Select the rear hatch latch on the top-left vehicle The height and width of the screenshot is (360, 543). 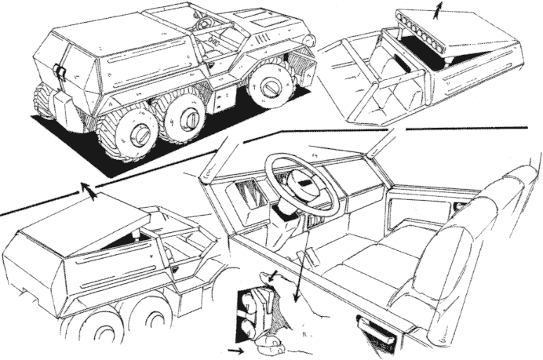[60, 71]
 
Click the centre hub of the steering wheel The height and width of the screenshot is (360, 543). [303, 185]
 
